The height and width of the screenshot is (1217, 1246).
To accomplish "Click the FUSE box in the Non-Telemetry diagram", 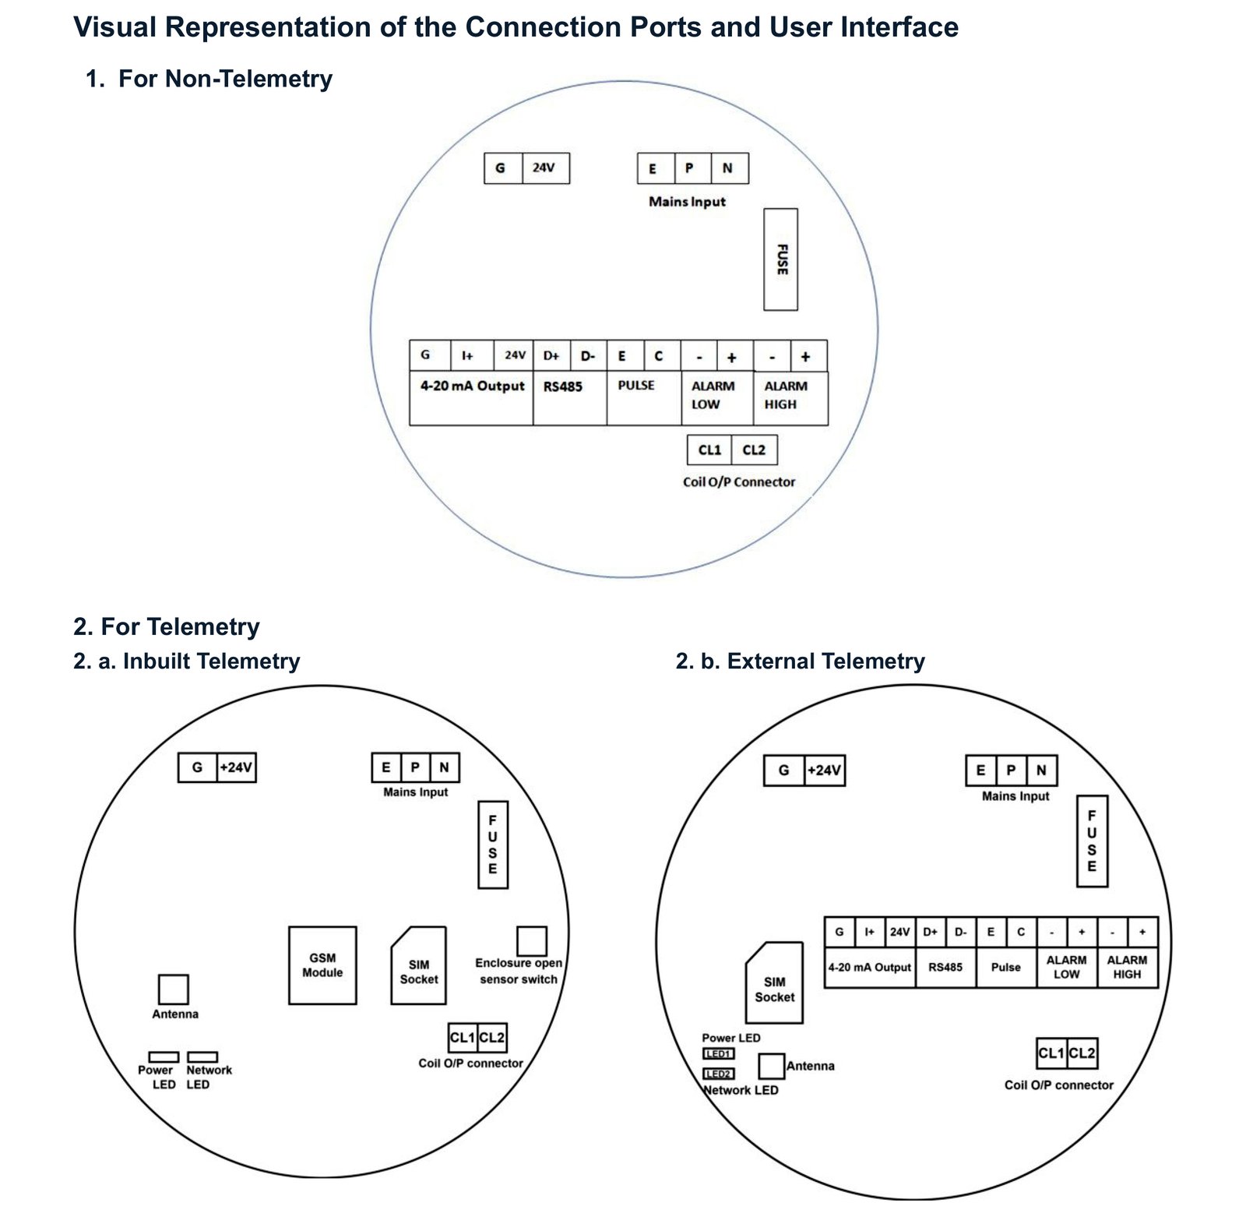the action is [x=780, y=259].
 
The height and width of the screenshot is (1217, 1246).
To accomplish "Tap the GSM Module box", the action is [x=322, y=965].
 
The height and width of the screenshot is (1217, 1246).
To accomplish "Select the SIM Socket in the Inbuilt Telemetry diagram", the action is [x=419, y=966].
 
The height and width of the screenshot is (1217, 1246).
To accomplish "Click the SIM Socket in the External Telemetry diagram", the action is [x=774, y=982].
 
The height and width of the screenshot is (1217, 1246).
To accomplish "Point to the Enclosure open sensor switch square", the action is [x=532, y=941].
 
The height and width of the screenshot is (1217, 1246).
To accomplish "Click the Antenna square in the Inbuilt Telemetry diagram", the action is [x=173, y=989].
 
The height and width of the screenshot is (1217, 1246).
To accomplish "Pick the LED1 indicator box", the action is [x=718, y=1054].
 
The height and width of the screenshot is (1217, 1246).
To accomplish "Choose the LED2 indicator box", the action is [x=718, y=1074].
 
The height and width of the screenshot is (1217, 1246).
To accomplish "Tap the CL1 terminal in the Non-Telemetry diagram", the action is [x=709, y=450].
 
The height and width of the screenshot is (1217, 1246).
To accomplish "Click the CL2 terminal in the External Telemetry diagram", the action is [x=1082, y=1053].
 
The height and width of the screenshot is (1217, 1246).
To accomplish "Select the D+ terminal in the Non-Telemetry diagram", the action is [x=551, y=356].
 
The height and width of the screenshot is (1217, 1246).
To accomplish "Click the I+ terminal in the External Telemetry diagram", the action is [x=870, y=932].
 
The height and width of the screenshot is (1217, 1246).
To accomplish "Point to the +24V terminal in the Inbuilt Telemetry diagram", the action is [x=237, y=767].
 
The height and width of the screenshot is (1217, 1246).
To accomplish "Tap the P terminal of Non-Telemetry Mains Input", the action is [x=690, y=168].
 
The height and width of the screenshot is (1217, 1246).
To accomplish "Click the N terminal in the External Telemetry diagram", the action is [x=1041, y=771].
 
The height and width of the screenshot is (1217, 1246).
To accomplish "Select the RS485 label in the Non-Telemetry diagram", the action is [x=563, y=386].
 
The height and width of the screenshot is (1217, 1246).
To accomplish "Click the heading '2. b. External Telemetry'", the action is [x=801, y=661].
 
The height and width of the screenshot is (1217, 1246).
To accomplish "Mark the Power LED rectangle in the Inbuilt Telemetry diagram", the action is [x=164, y=1057].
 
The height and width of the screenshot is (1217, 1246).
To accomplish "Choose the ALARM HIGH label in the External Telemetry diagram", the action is [x=1127, y=967].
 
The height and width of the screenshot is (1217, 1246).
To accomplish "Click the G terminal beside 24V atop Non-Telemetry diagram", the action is [x=502, y=168].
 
